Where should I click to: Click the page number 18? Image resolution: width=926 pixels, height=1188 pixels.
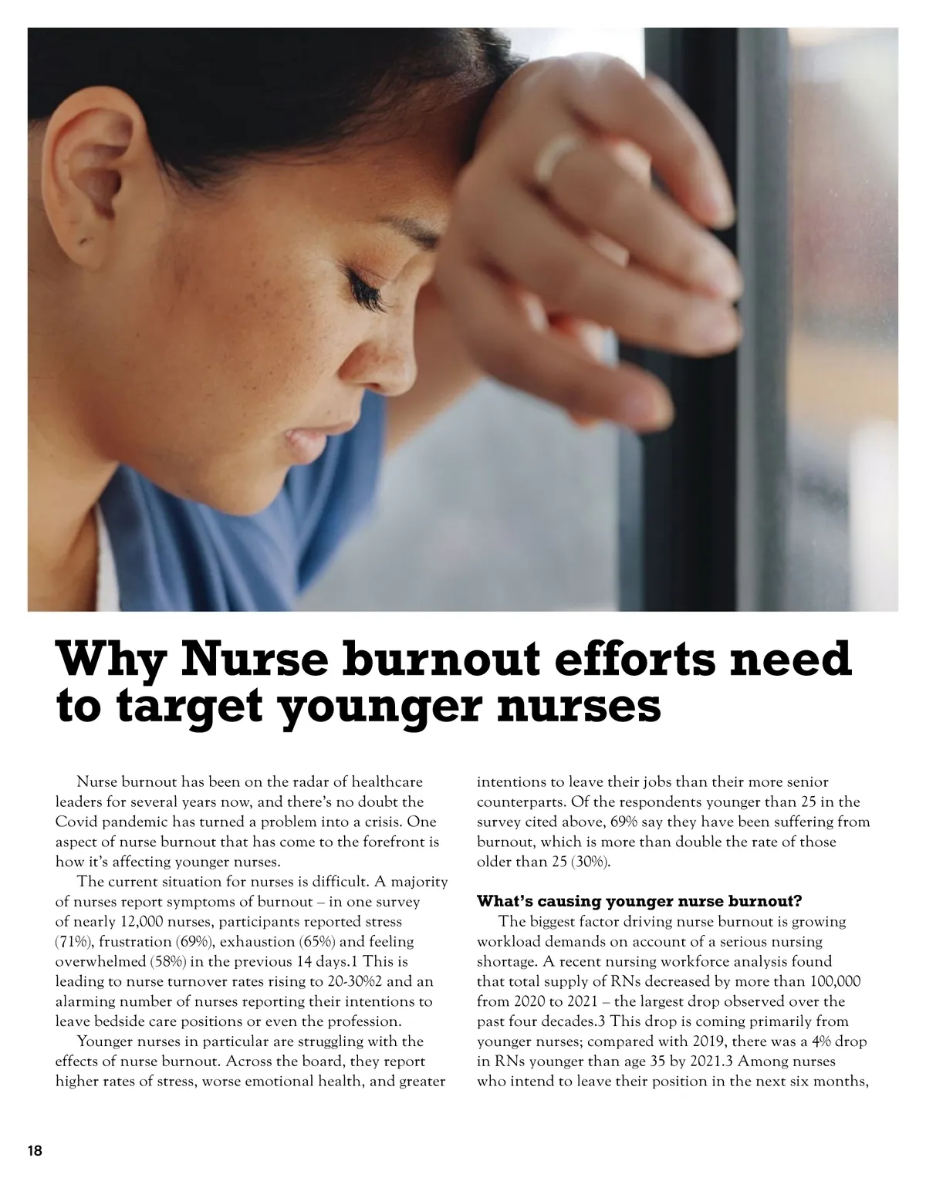pos(35,1151)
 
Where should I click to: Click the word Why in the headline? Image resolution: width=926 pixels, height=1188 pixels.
pos(111,661)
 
